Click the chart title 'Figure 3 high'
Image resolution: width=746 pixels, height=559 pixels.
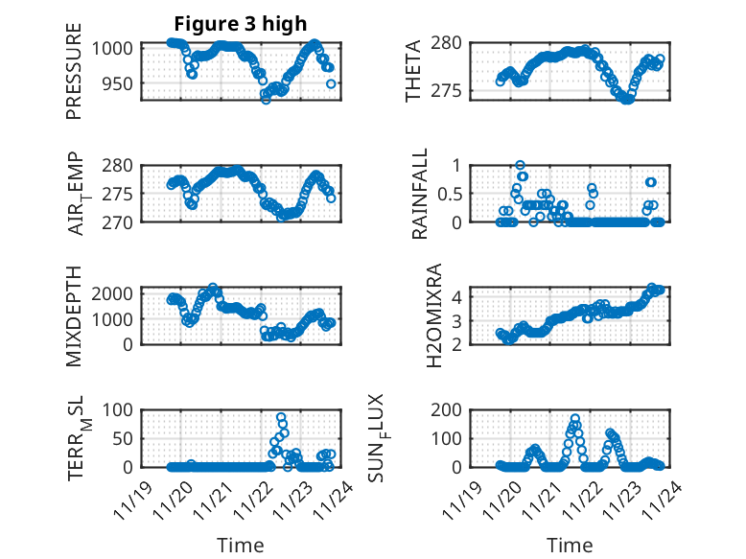point(241,24)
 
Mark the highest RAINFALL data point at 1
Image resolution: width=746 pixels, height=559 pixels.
point(521,165)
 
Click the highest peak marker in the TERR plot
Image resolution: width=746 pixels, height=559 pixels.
point(281,417)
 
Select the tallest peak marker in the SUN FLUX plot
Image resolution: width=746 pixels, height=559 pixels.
point(575,418)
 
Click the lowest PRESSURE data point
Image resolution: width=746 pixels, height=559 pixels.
point(267,99)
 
